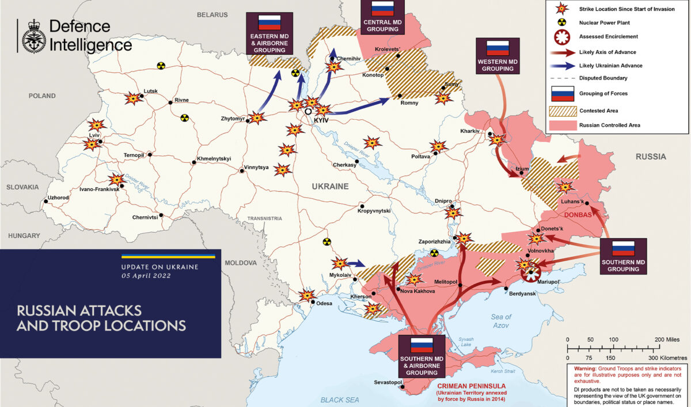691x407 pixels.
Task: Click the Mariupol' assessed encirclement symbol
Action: click(530, 273)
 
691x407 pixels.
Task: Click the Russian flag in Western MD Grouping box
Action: click(498, 48)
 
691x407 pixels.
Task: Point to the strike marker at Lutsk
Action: click(134, 98)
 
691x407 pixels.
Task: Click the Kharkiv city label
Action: click(470, 131)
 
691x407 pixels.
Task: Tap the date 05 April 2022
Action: click(146, 276)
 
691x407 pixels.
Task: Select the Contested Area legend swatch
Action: click(562, 109)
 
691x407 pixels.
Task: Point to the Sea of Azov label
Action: click(501, 321)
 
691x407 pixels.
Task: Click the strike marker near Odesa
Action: click(307, 295)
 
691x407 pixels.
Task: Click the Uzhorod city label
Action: click(58, 197)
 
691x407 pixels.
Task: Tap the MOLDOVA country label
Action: click(240, 263)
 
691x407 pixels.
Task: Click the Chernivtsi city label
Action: click(145, 217)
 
